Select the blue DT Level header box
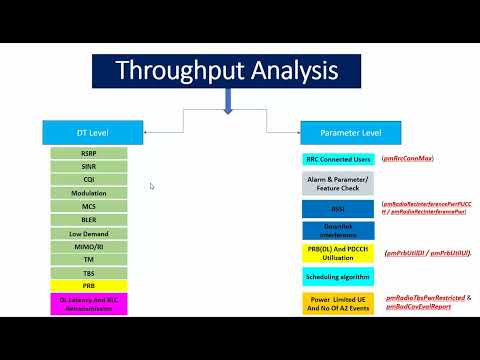click(x=90, y=132)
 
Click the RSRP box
click(x=89, y=153)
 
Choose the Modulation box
click(x=89, y=192)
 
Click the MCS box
click(x=89, y=206)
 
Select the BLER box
click(x=89, y=219)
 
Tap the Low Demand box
click(x=89, y=232)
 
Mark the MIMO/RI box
click(x=89, y=245)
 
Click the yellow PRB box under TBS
click(x=89, y=285)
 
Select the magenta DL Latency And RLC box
click(x=89, y=303)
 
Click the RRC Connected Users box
click(x=337, y=159)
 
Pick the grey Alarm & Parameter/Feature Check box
click(x=337, y=183)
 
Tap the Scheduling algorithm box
click(x=337, y=277)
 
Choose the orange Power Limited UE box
click(x=337, y=303)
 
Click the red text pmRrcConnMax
click(x=412, y=159)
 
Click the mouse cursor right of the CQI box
click(x=151, y=185)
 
